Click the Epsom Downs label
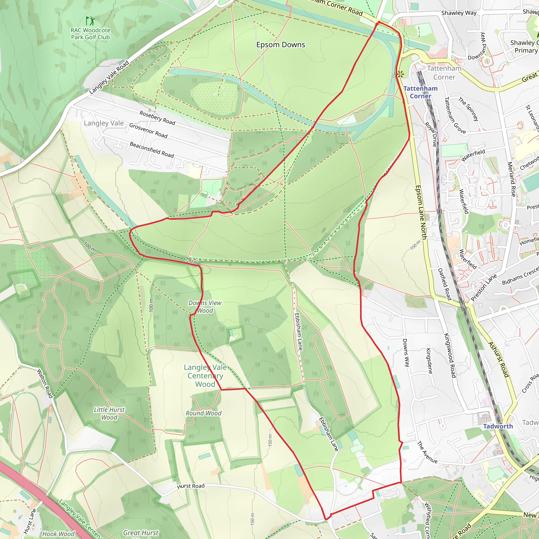point(280,45)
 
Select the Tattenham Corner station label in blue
point(420,92)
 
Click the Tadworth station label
point(498,426)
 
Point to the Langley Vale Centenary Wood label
point(205,376)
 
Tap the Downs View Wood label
point(205,307)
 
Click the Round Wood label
point(203,413)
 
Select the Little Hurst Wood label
point(109,413)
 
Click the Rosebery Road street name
point(157,118)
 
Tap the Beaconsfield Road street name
point(152,150)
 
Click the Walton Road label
point(45,383)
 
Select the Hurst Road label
point(191,486)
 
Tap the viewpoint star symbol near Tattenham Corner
point(400,74)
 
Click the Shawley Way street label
point(459,13)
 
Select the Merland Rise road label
point(511,179)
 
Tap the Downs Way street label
point(406,353)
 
